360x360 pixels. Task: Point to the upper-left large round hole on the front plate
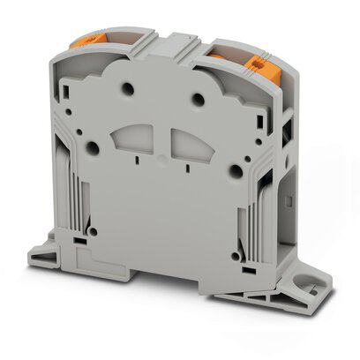[129, 89]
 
